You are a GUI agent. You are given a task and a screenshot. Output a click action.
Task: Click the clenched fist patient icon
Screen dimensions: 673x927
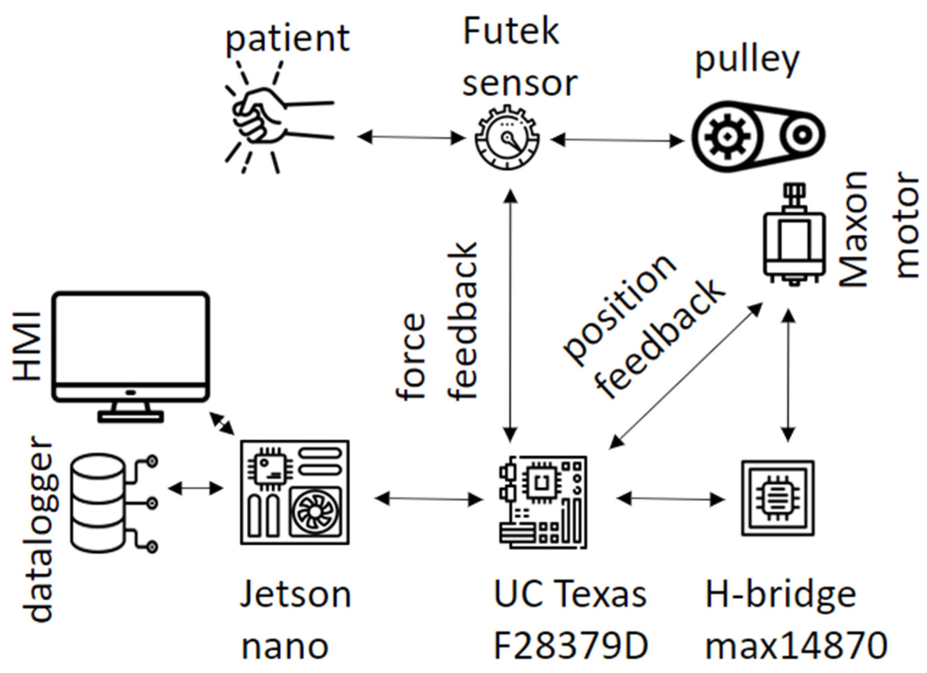tap(259, 117)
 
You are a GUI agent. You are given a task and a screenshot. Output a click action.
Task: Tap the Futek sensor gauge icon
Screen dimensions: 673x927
tap(507, 138)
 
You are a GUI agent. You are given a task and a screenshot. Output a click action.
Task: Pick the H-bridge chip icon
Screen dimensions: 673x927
tap(777, 498)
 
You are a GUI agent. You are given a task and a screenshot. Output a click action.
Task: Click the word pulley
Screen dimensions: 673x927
tap(747, 60)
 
